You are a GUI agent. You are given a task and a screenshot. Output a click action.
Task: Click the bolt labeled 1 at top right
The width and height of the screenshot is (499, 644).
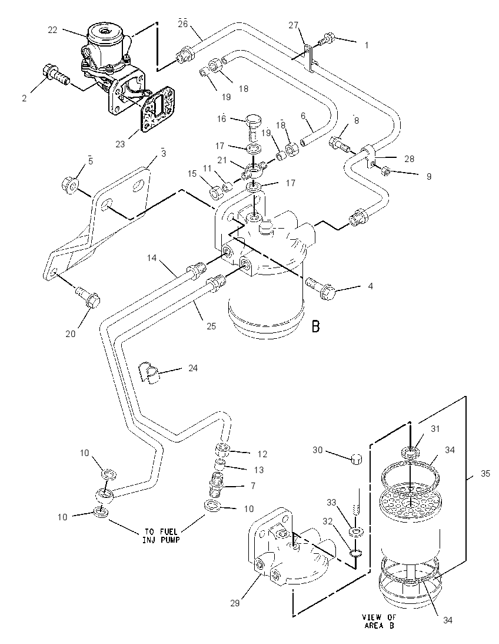pos(327,39)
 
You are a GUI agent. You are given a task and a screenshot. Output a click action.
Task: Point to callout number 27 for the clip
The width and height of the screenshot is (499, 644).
pos(294,25)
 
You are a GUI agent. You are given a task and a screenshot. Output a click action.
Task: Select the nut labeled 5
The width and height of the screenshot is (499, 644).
pos(71,185)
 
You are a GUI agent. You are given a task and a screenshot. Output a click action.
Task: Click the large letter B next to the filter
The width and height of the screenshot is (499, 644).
pos(315,326)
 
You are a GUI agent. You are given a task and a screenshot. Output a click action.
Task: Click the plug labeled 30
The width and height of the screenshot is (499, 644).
pos(356,458)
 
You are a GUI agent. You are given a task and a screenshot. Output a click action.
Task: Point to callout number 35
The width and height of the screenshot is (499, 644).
pos(485,474)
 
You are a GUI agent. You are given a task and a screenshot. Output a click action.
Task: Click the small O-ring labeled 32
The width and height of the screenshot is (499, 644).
pos(355,554)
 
